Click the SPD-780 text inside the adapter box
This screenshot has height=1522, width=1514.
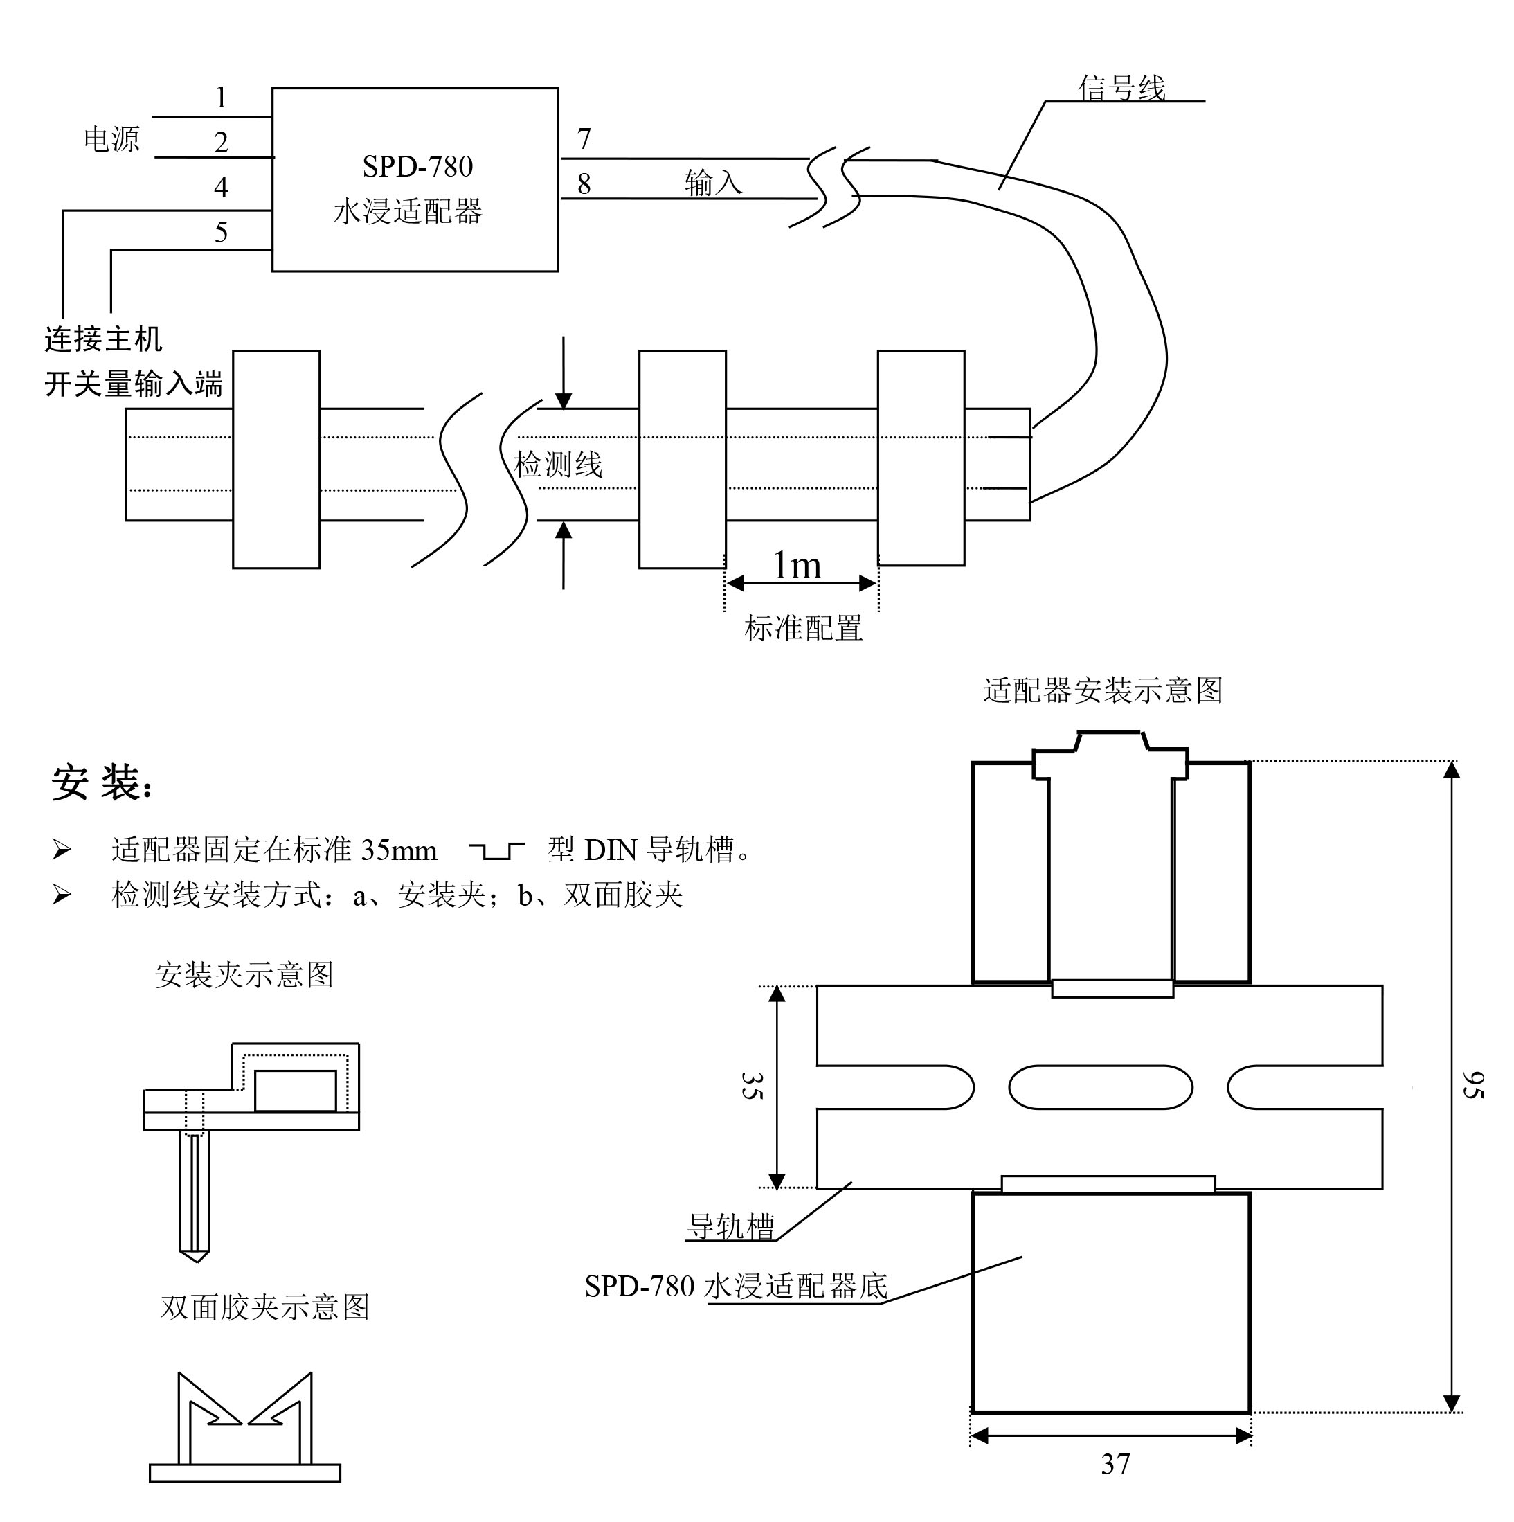(x=417, y=166)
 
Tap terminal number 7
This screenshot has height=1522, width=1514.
(x=584, y=138)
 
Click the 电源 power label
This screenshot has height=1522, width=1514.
(x=111, y=139)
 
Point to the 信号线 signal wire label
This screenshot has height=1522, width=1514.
(x=1121, y=88)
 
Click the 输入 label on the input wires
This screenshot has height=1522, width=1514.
(x=713, y=183)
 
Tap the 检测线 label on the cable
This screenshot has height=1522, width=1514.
(x=558, y=464)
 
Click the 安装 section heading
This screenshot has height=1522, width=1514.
(x=101, y=782)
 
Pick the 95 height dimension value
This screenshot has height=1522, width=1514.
(x=1472, y=1085)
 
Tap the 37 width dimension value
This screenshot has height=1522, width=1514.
(x=1115, y=1464)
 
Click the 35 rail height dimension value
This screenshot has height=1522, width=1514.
(x=750, y=1085)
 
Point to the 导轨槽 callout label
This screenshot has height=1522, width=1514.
(x=731, y=1226)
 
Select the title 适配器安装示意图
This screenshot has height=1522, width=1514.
(x=1102, y=690)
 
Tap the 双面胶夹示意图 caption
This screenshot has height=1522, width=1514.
(x=264, y=1307)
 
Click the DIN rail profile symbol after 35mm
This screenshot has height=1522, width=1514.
(x=496, y=851)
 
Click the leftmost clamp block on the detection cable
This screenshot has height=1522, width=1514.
(x=276, y=458)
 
